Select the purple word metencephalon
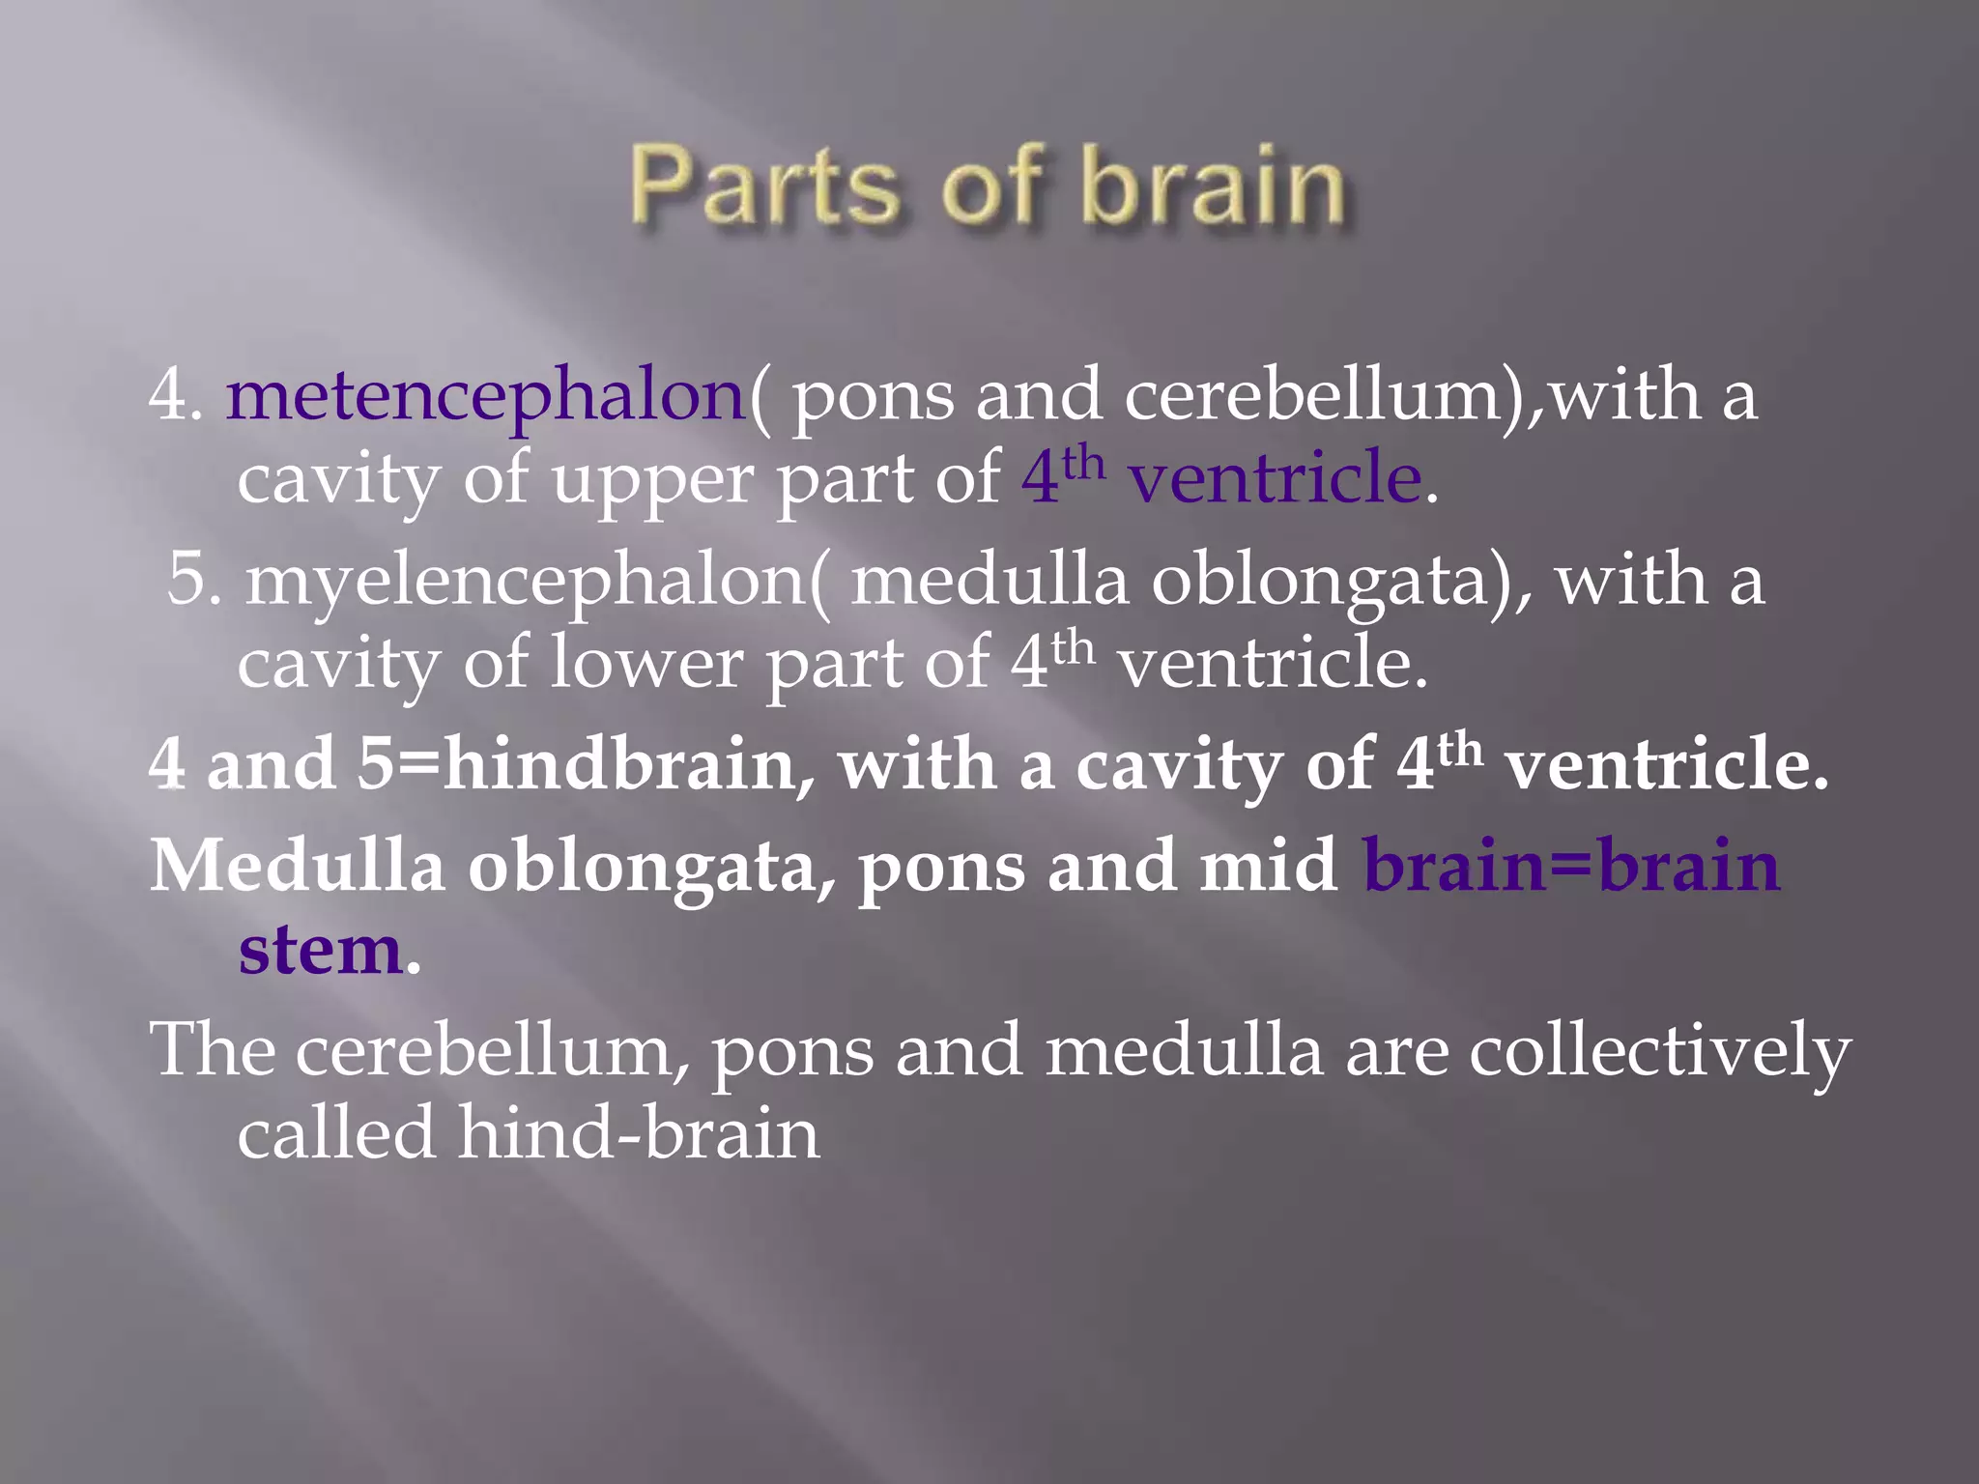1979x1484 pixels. click(486, 397)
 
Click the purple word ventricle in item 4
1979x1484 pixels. click(1275, 479)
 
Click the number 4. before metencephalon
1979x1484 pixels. click(175, 397)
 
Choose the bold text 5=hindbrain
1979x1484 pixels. click(576, 764)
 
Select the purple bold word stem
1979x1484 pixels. click(320, 951)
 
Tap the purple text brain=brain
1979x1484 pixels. click(1570, 866)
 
